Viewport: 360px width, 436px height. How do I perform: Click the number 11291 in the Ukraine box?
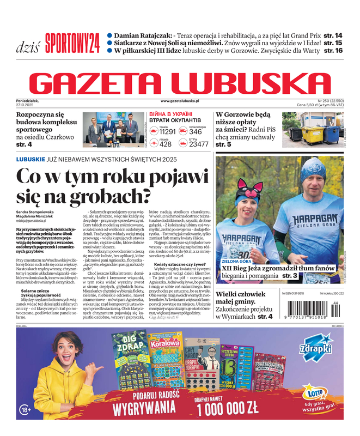pos(168,131)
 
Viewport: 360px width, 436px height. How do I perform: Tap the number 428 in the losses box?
pos(166,144)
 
